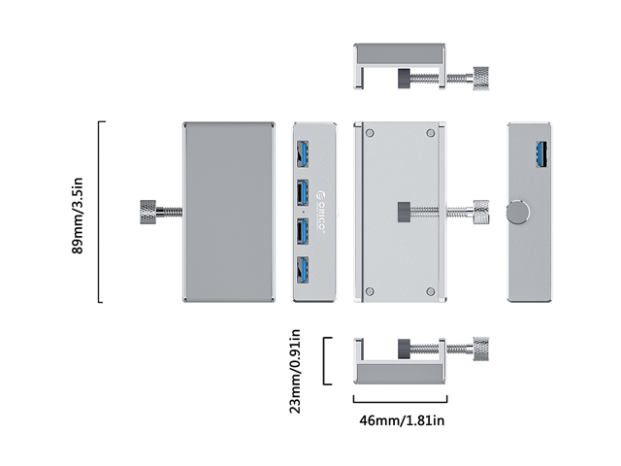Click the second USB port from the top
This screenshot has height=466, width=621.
[x=302, y=191]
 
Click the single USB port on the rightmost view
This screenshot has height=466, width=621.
[x=540, y=154]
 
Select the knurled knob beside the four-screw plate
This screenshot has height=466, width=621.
[x=480, y=212]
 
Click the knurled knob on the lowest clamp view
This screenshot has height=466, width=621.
[x=480, y=348]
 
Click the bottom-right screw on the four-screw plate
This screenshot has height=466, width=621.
[x=428, y=289]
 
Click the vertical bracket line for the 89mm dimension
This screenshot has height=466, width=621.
[x=100, y=212]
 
